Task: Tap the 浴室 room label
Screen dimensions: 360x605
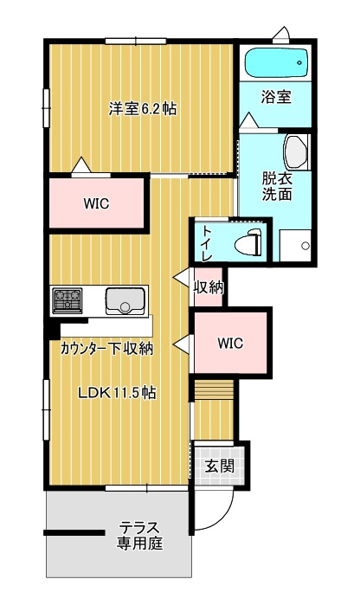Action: [276, 96]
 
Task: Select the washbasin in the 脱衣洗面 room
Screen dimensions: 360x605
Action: [296, 152]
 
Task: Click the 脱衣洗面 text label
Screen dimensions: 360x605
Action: [277, 186]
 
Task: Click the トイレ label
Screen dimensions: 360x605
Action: [207, 242]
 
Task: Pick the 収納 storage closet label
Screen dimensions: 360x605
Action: [209, 286]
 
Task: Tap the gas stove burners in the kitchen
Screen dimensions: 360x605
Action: [67, 300]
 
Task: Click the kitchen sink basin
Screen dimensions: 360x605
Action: [125, 301]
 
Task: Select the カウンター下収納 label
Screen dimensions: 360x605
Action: [107, 349]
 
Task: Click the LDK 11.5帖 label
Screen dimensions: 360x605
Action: [117, 393]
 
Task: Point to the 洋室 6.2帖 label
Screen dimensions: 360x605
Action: [143, 109]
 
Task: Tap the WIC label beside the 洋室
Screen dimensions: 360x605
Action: [96, 203]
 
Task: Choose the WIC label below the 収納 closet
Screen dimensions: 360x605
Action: [230, 343]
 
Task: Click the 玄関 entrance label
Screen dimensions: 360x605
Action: [219, 467]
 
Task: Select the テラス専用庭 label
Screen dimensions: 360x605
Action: [139, 536]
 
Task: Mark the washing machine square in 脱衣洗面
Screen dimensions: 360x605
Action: [295, 246]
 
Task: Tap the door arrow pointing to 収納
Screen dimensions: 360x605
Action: [181, 277]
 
